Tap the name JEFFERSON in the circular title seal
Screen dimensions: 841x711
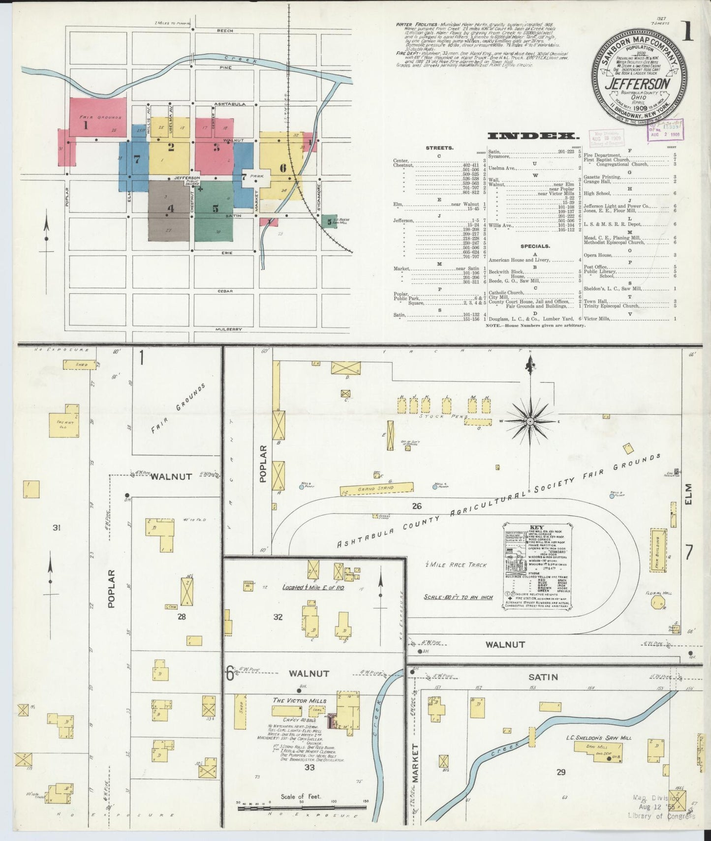pos(638,84)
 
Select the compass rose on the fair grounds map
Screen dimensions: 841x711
pos(530,421)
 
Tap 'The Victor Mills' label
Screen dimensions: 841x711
pos(299,700)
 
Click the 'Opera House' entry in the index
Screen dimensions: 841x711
pos(598,255)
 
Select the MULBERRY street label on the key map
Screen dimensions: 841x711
pos(229,329)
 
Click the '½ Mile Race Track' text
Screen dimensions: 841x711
pos(456,565)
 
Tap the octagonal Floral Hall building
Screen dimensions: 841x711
pos(657,603)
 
